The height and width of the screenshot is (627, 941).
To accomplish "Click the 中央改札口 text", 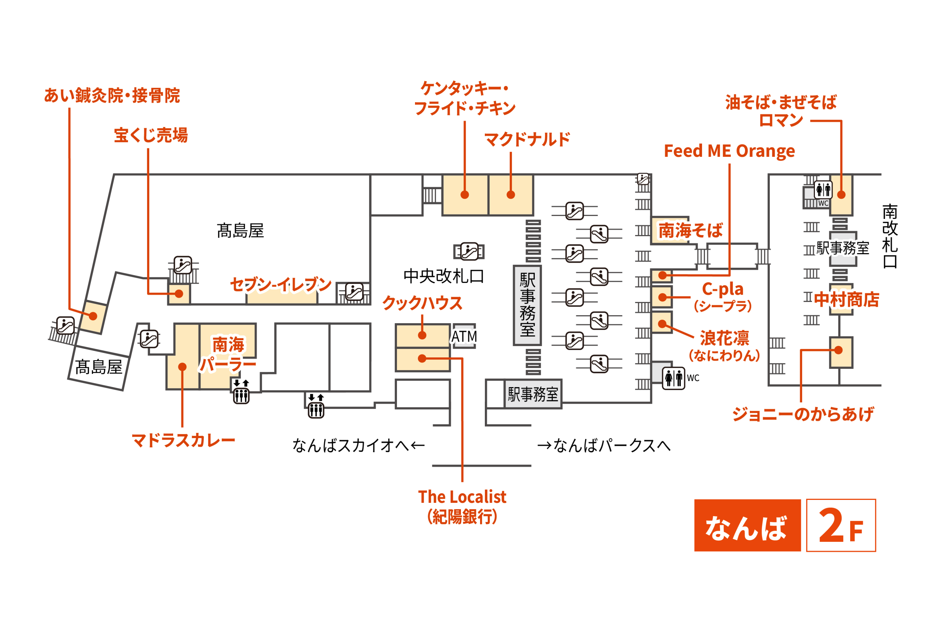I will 443,276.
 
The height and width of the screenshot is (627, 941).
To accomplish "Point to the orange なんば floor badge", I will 747,525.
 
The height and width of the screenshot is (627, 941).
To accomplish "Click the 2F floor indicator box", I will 841,525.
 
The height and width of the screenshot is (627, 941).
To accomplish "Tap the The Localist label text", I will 462,497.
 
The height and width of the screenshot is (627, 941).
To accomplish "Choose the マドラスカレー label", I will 183,440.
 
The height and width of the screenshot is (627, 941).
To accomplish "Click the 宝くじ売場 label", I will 151,135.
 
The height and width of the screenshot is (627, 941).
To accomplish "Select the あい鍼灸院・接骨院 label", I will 112,96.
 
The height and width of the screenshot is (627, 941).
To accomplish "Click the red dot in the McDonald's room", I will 511,195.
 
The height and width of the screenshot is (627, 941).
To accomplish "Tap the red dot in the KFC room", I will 465,195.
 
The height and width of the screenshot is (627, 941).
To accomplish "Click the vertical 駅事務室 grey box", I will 527,305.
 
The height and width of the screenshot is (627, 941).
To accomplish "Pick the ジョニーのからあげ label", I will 802,414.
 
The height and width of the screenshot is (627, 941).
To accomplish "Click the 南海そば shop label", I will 691,231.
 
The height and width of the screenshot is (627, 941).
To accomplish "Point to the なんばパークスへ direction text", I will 604,446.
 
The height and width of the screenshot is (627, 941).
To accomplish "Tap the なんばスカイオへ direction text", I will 358,446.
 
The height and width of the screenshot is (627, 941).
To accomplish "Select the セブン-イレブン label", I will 280,285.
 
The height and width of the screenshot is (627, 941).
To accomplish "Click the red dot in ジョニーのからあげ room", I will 838,350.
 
